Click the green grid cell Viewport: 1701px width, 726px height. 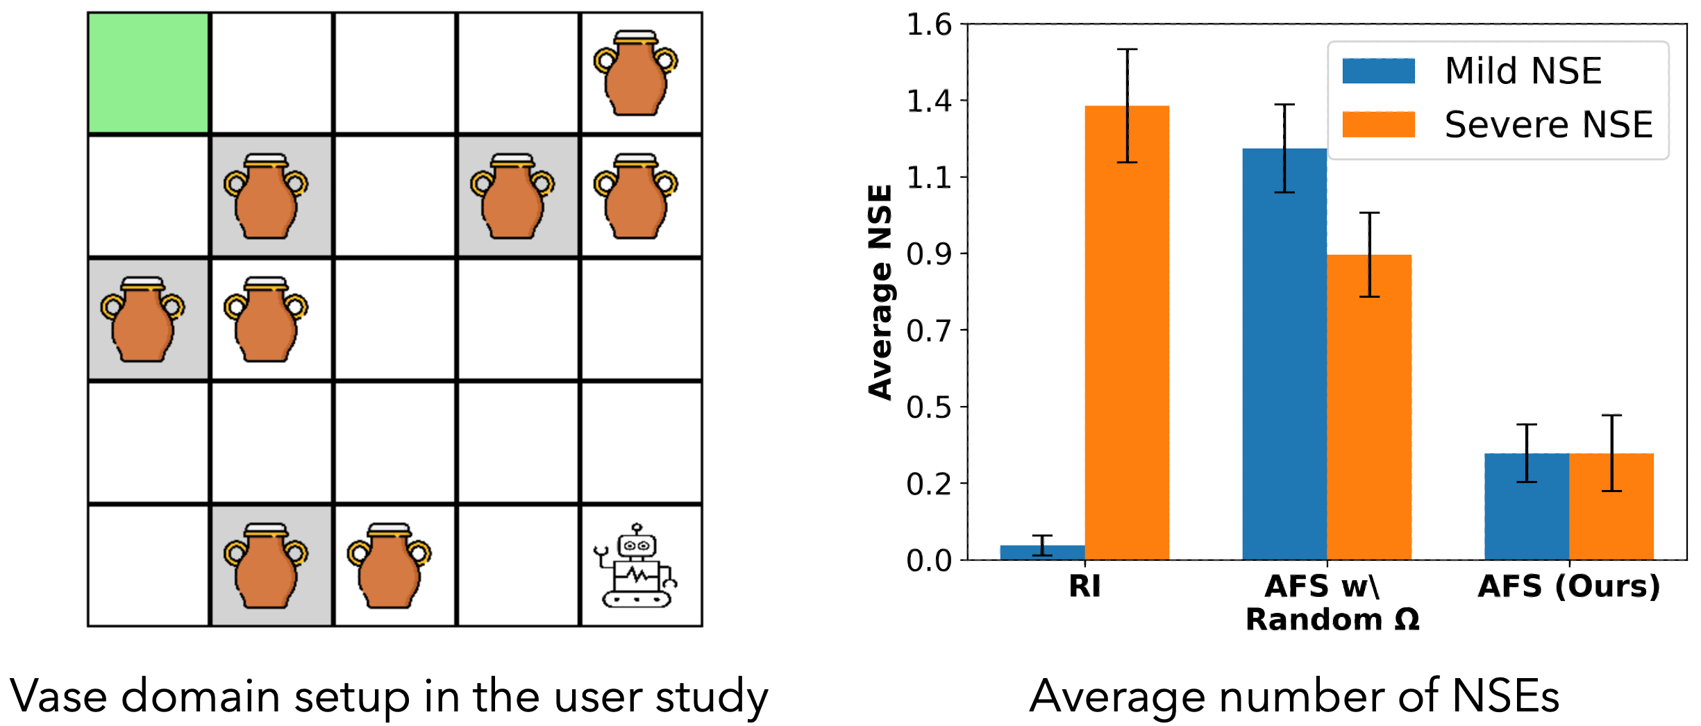tap(148, 73)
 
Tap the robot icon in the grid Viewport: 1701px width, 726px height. tap(635, 566)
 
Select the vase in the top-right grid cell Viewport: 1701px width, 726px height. tap(635, 73)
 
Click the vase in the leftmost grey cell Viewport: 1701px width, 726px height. tap(142, 319)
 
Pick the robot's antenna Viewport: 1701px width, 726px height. tap(637, 529)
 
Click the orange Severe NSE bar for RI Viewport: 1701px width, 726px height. tap(1127, 333)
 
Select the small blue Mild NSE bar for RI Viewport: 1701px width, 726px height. tap(1042, 552)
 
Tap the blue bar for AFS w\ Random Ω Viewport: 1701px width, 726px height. tap(1284, 354)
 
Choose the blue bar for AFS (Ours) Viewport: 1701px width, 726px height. tap(1527, 507)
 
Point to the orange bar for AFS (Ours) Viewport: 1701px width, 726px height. tap(1611, 507)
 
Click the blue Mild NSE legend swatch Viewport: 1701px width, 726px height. tap(1378, 71)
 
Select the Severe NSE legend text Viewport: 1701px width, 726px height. tap(1548, 125)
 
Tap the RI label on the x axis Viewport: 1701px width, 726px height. tap(1084, 586)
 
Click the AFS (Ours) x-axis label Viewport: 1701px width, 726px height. tap(1569, 586)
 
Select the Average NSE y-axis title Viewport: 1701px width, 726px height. tap(880, 292)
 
